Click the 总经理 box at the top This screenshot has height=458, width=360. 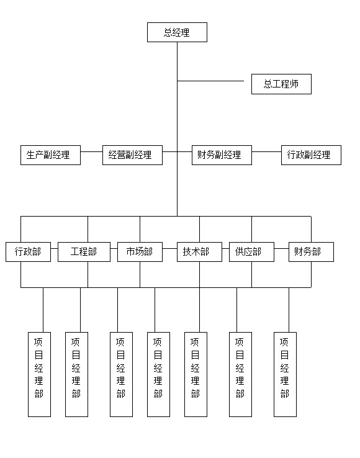pos(177,32)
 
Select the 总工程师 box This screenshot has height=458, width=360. pos(281,84)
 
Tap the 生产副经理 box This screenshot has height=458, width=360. pos(50,155)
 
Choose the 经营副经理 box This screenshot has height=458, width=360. pos(132,155)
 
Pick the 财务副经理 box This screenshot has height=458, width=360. pos(222,155)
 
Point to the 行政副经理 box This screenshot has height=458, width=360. pos(311,155)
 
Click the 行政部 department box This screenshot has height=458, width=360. pos(28,252)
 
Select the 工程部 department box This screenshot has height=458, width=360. pos(84,252)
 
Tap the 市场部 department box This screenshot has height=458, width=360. pos(140,252)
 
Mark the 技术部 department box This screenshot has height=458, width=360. pos(200,252)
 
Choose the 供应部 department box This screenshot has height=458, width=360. pos(251,252)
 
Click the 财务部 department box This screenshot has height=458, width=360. pos(311,252)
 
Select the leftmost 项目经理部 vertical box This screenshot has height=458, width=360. pos(40,374)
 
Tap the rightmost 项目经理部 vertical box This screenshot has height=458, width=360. pos(285,374)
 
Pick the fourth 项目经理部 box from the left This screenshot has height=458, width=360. pos(159,374)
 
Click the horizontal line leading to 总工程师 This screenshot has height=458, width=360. pos(210,81)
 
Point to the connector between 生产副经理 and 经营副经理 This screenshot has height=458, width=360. pos(91,151)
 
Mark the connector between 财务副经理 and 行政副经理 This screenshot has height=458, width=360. pos(266,151)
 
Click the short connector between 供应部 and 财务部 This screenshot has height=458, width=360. pos(281,249)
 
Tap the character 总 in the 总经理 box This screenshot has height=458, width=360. pos(168,32)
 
